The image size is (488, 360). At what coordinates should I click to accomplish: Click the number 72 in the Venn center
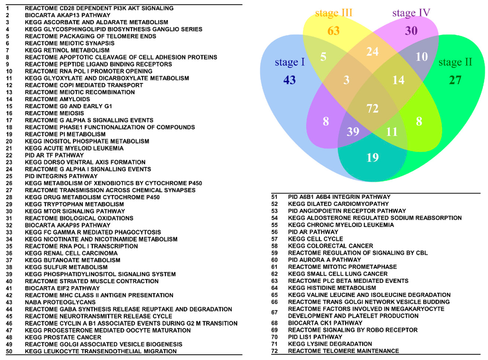pos(372,109)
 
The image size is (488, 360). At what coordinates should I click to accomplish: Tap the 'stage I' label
pos(290,62)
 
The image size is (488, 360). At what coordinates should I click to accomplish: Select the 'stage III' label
pos(334,13)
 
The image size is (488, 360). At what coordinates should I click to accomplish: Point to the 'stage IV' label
pos(411,13)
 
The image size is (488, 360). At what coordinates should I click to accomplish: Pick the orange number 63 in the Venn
pos(334,31)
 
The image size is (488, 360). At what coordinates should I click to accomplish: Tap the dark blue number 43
pos(289,80)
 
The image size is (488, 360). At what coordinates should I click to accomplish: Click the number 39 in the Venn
pos(353,132)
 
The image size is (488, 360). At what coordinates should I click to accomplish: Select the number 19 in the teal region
pos(372,157)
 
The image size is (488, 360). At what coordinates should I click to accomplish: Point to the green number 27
pos(455,80)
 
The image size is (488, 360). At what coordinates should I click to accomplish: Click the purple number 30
pos(411,31)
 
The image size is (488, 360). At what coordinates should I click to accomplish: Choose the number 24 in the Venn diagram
pos(372,51)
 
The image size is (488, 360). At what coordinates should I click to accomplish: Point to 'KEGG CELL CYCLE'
pos(315,239)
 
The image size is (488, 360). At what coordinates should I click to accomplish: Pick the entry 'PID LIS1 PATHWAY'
pos(315,337)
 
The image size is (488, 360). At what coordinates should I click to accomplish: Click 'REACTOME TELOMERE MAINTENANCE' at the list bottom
pos(343,351)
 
